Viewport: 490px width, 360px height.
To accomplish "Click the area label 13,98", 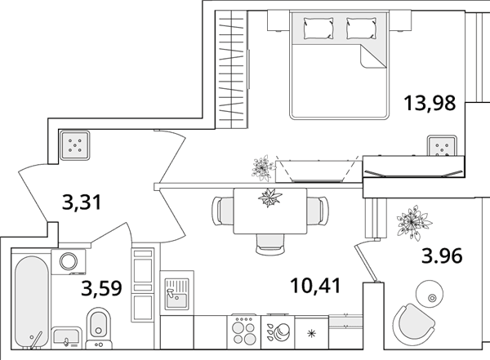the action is (430, 103).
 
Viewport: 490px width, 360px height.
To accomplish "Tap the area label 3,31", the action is (82, 202).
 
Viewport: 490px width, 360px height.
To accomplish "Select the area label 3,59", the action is (101, 288).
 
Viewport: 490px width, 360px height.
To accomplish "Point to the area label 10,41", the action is (315, 286).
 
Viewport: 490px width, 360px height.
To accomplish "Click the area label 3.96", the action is (442, 256).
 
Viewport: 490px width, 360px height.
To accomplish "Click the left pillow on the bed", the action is (318, 28).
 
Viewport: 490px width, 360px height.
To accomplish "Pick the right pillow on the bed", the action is (361, 28).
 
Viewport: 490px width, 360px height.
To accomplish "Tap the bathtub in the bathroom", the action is (32, 302).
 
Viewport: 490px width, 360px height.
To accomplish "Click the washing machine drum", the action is (69, 261).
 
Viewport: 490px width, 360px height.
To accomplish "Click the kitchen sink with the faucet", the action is (177, 294).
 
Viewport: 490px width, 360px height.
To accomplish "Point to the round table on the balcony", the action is (430, 294).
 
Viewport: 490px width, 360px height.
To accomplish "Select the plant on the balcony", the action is (413, 223).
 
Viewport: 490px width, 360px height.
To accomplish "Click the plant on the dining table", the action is (270, 198).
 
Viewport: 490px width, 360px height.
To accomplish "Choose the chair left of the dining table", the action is (223, 211).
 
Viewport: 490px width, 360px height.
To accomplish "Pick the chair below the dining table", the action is (270, 244).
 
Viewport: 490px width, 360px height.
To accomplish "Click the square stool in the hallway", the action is (74, 145).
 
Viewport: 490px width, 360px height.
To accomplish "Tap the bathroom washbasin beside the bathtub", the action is (66, 338).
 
